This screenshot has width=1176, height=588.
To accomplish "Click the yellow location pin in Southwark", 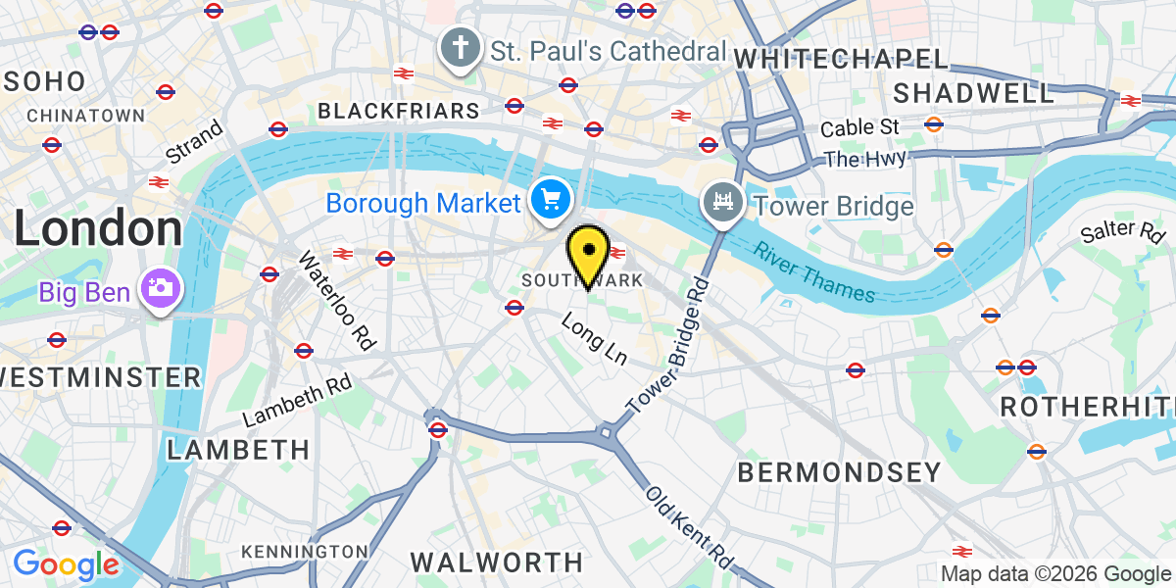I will click(x=589, y=254).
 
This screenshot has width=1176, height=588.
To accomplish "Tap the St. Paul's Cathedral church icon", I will click(x=458, y=48).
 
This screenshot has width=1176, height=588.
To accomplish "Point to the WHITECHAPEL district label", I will click(x=841, y=59).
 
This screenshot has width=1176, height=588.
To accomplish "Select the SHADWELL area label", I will click(x=974, y=94).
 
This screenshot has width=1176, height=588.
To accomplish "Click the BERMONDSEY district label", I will click(x=839, y=472).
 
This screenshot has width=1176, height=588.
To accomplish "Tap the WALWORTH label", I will click(x=496, y=563).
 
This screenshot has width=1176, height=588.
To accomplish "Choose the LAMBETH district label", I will click(x=238, y=450).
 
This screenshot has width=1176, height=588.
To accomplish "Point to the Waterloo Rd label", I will click(x=337, y=301).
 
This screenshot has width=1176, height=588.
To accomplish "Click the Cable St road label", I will click(x=859, y=127).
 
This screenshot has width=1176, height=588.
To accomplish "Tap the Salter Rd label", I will click(x=1122, y=232).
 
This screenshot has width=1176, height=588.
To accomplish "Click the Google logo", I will click(x=66, y=564).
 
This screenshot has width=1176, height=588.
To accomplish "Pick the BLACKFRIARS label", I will click(x=399, y=111).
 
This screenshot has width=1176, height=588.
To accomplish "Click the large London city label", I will click(x=98, y=228).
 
